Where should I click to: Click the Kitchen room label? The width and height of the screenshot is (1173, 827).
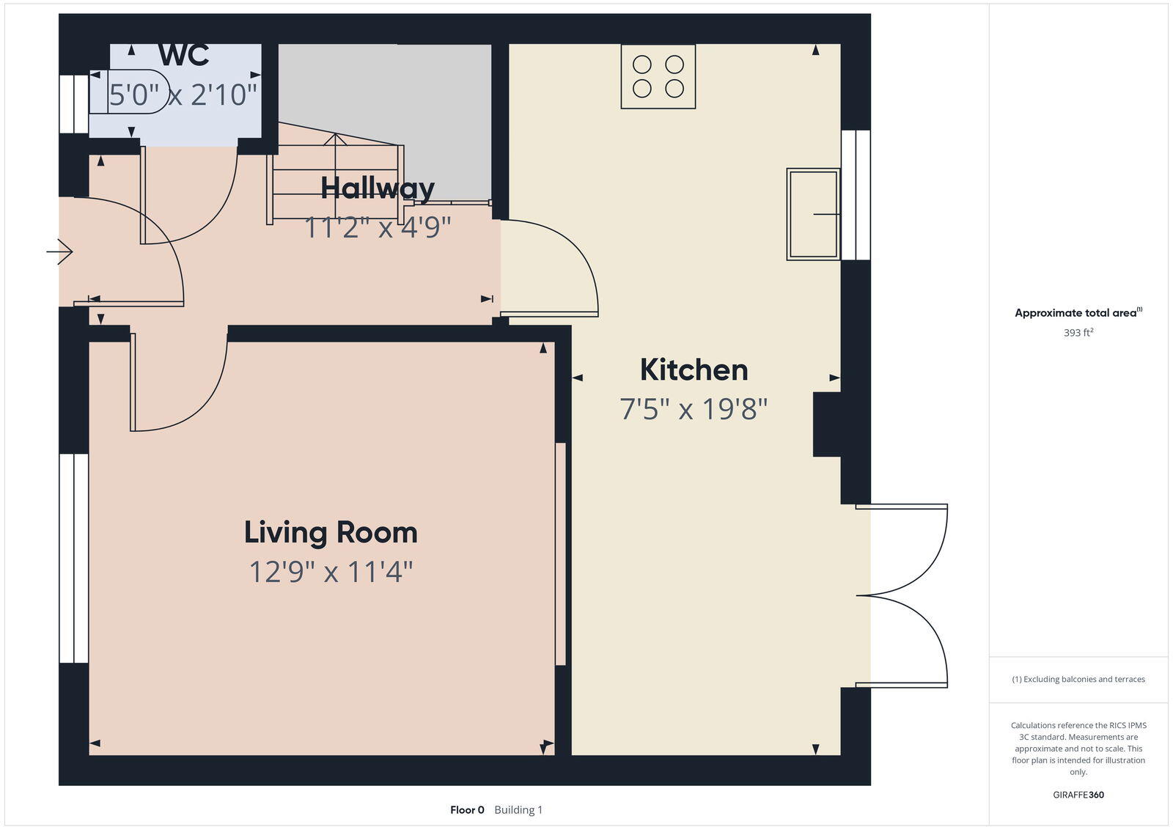pos(694,370)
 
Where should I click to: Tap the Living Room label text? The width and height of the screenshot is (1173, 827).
pos(331,532)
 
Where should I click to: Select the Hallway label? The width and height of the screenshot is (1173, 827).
pos(378,188)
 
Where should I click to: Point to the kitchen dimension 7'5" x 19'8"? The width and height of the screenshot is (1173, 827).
pos(694,409)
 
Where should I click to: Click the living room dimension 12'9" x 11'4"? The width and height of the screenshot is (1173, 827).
pos(331,572)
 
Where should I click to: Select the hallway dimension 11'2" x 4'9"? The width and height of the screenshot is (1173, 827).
pos(378,227)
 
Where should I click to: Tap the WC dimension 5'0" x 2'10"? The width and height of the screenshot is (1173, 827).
pos(184,95)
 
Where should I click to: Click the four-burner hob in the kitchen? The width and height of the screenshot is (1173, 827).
pos(658,76)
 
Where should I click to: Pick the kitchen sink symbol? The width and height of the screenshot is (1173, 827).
pos(812,214)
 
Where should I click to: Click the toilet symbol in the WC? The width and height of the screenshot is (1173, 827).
pos(128,92)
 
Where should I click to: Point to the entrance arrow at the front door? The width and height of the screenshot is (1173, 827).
pos(59,253)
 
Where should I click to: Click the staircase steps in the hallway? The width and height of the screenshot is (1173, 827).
pos(336,180)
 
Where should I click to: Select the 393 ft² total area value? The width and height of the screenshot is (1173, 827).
pos(1078,333)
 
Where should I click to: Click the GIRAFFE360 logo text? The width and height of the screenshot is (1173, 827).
pos(1078,795)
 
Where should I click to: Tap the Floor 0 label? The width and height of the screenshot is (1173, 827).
pos(467,810)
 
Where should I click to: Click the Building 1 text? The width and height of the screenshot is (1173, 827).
pos(518,810)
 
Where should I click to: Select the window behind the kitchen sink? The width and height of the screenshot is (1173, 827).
pos(856,195)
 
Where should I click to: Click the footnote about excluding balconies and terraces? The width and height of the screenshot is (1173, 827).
pos(1078,680)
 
